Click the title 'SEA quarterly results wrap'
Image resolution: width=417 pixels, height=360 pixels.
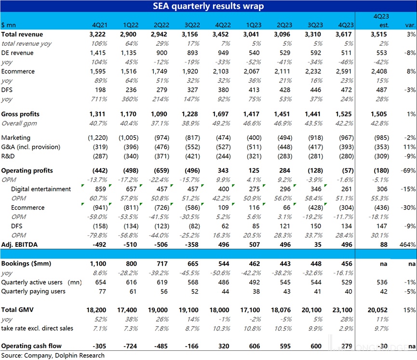(208, 6)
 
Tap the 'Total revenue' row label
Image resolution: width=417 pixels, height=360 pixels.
(22, 34)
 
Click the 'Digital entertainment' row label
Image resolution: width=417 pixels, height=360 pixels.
(41, 189)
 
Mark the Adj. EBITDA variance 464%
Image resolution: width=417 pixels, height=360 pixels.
(408, 245)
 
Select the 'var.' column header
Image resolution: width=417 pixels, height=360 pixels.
(410, 25)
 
